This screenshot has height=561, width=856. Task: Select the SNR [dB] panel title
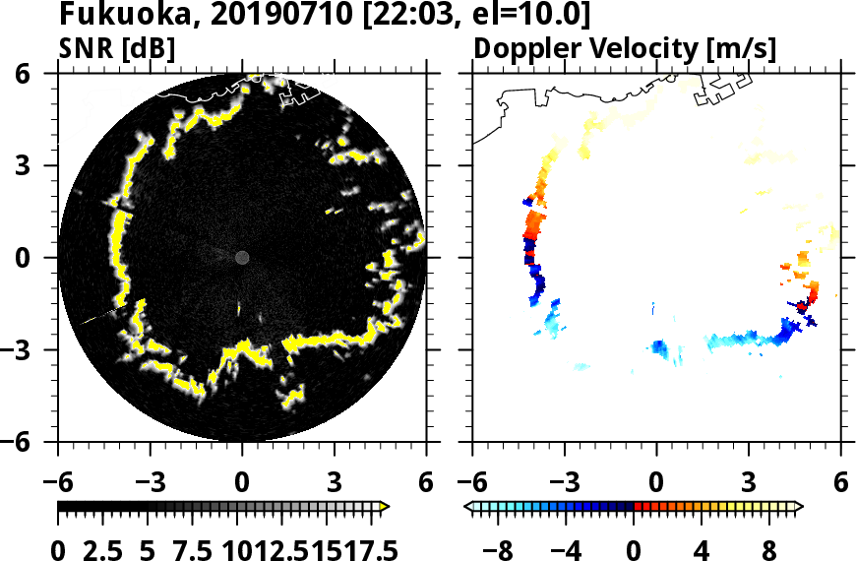(117, 48)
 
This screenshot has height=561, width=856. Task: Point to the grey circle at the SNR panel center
(242, 258)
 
